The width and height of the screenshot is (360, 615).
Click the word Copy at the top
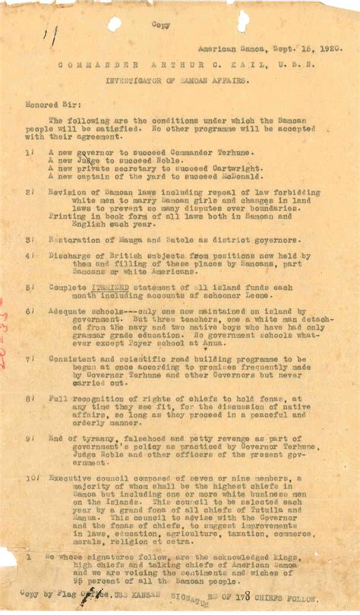pyautogui.click(x=161, y=24)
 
